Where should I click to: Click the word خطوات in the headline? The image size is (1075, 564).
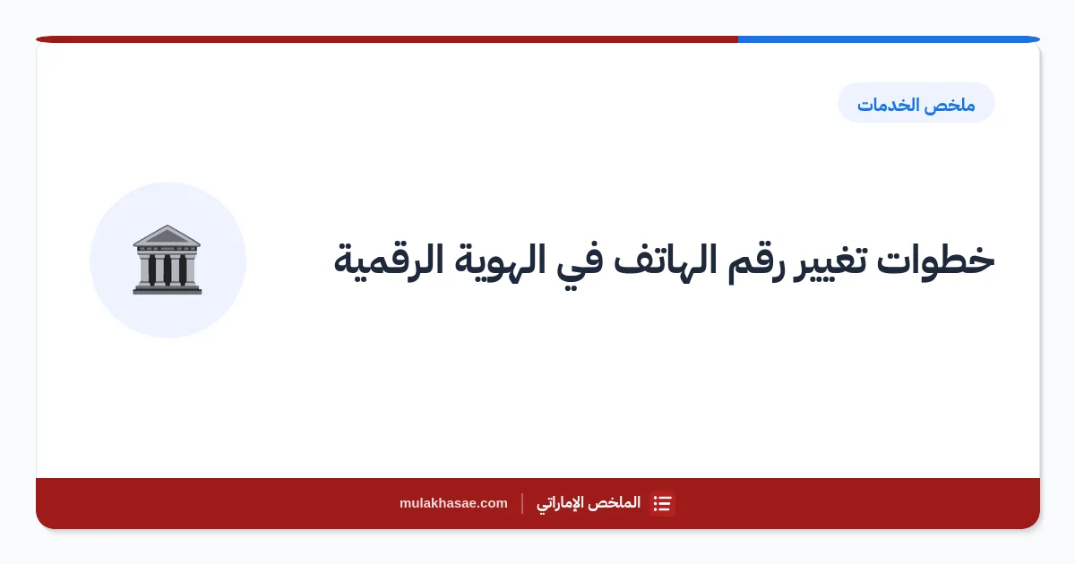(935, 261)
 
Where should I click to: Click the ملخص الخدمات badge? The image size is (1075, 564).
(916, 103)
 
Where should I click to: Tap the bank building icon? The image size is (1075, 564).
(167, 260)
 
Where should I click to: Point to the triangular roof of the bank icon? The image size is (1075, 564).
(167, 235)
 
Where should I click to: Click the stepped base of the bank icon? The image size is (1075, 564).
(167, 288)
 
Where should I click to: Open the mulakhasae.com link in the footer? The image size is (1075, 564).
(453, 503)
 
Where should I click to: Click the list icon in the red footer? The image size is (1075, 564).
(662, 503)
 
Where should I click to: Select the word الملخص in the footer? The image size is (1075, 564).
(617, 502)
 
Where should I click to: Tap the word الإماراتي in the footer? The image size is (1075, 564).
(563, 503)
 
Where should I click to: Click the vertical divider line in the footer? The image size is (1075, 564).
(522, 503)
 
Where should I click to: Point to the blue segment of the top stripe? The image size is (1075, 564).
(889, 39)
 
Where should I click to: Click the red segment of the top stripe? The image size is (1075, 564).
(387, 39)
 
